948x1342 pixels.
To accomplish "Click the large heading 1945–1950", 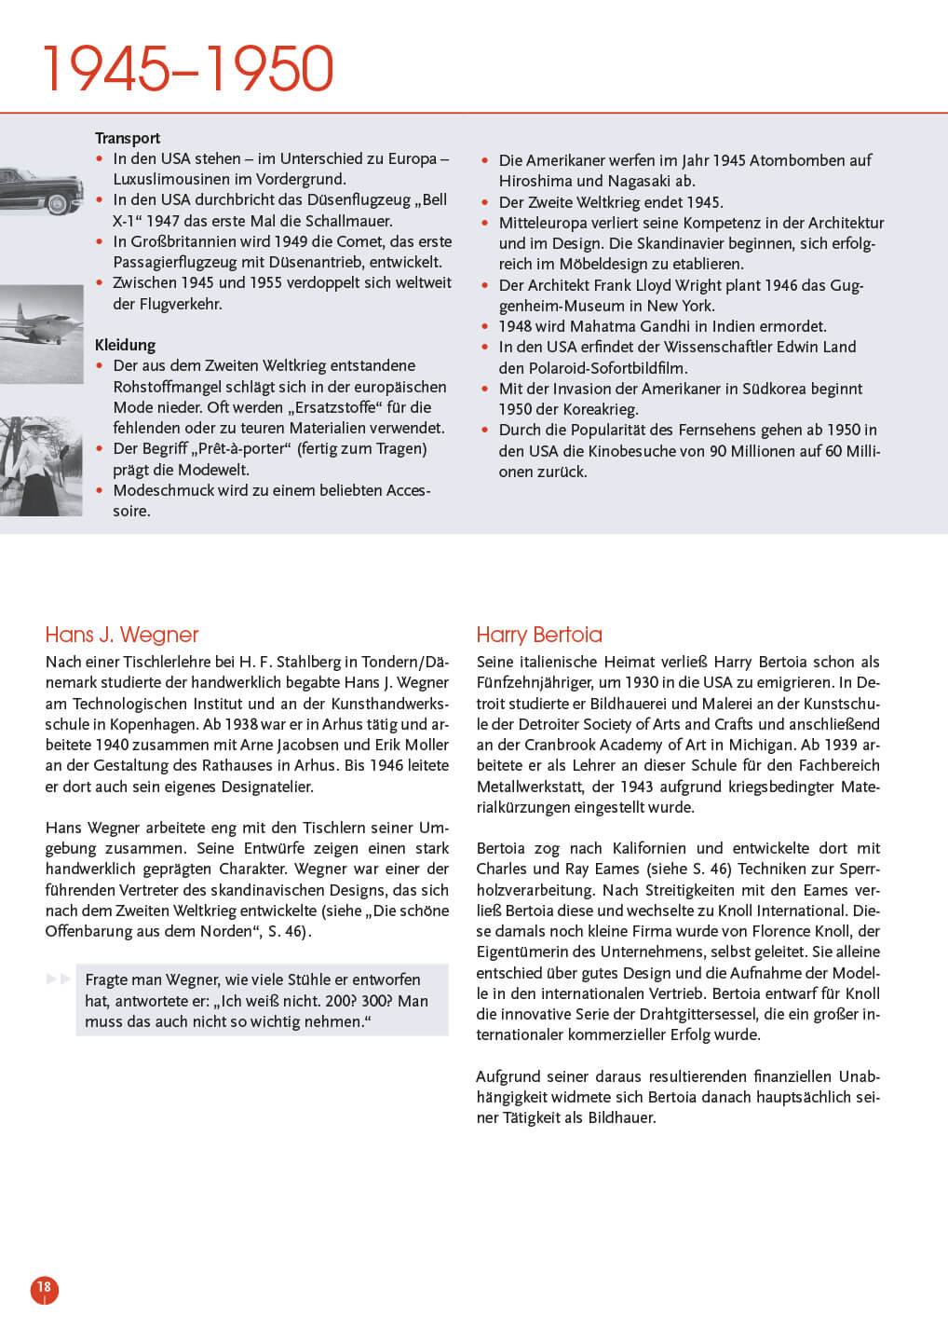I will click(188, 69).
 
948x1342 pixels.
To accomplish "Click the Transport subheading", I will click(128, 138).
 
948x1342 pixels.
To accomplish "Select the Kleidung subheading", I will click(125, 345).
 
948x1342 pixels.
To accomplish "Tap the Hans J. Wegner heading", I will click(122, 635).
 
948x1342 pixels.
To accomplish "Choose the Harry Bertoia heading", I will click(539, 635).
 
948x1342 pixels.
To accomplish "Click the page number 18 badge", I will click(44, 1288).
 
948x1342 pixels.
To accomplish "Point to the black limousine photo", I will click(41, 188).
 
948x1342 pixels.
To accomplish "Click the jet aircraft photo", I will click(41, 333).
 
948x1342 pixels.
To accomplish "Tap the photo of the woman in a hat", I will click(41, 466).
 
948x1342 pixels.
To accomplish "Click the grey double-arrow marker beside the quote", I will click(59, 979).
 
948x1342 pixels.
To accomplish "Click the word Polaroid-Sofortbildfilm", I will click(606, 368).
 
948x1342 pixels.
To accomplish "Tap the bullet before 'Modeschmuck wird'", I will click(100, 490).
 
